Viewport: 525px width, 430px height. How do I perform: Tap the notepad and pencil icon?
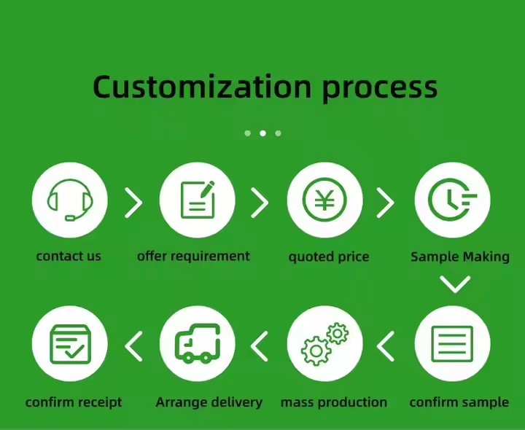click(x=198, y=200)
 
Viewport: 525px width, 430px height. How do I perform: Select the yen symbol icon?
click(x=324, y=200)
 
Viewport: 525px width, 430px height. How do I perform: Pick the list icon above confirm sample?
click(x=452, y=344)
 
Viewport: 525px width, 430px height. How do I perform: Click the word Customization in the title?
click(x=202, y=87)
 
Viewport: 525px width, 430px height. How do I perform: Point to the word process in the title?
click(x=380, y=88)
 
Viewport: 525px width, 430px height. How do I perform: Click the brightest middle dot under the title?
click(x=262, y=133)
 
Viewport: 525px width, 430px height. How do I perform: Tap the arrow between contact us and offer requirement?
click(x=133, y=203)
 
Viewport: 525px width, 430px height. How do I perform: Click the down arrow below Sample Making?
click(x=455, y=284)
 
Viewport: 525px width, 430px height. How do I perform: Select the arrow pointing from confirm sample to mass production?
click(x=386, y=346)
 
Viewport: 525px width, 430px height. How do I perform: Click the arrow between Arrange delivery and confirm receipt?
click(x=133, y=346)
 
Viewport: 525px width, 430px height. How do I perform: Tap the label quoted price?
click(x=329, y=257)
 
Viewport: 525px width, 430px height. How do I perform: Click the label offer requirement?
click(x=193, y=257)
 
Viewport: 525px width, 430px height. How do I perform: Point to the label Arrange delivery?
click(x=209, y=402)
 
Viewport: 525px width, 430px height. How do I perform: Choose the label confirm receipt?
click(x=74, y=402)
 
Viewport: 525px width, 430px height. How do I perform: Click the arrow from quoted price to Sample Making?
click(x=386, y=203)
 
